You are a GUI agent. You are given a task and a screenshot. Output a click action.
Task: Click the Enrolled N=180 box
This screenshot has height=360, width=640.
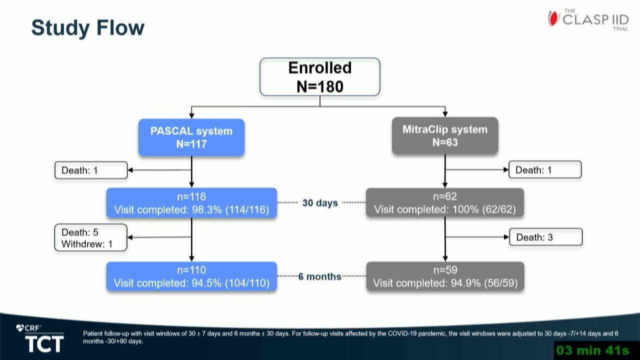pyautogui.click(x=319, y=77)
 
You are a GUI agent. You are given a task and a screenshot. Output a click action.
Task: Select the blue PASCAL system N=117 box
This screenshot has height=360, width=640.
pyautogui.click(x=191, y=137)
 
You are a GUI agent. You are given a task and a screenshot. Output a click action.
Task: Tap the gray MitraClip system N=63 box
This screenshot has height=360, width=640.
pyautogui.click(x=445, y=135)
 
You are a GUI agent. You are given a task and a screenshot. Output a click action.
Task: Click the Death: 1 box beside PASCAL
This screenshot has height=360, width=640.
pyautogui.click(x=91, y=170)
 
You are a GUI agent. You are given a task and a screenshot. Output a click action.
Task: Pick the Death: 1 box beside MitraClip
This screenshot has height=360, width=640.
pyautogui.click(x=545, y=169)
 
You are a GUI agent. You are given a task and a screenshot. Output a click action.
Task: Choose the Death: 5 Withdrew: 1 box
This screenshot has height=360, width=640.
pyautogui.click(x=91, y=237)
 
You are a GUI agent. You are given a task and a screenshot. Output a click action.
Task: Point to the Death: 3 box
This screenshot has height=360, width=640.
pyautogui.click(x=545, y=237)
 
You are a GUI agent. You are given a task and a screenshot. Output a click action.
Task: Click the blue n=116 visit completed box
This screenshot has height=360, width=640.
pyautogui.click(x=191, y=203)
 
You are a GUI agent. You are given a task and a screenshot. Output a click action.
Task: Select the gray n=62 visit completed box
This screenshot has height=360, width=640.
pyautogui.click(x=445, y=203)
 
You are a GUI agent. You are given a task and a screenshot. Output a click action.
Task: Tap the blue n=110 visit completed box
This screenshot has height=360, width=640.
pyautogui.click(x=191, y=276)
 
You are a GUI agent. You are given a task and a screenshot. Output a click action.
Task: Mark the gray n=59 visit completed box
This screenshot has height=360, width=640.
pyautogui.click(x=445, y=276)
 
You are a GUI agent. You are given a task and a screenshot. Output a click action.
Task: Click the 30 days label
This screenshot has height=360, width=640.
pyautogui.click(x=320, y=203)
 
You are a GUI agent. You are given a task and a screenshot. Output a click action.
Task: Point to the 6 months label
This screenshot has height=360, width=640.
pyautogui.click(x=319, y=276)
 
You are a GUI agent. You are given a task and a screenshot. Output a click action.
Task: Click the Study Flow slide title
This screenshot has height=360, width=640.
pyautogui.click(x=87, y=27)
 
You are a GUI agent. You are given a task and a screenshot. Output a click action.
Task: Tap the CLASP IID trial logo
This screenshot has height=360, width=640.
pyautogui.click(x=588, y=19)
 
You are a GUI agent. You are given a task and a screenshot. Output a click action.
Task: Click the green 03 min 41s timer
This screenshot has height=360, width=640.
pyautogui.click(x=592, y=350)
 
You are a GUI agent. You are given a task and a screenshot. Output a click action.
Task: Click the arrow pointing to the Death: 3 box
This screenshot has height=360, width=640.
pyautogui.click(x=477, y=237)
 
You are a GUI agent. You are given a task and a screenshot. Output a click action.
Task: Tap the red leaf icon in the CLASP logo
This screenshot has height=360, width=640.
pyautogui.click(x=553, y=18)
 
